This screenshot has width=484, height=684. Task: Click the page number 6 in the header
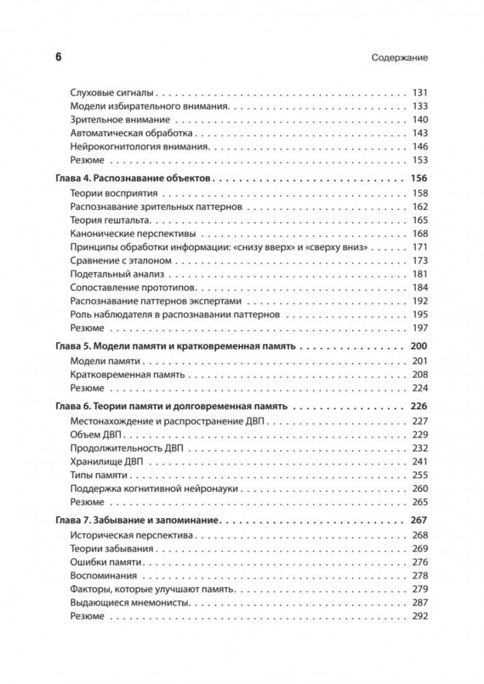coord(58,57)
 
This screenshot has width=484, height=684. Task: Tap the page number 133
coord(419,107)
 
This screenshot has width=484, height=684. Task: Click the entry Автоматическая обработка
coord(131,133)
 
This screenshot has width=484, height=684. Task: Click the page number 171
coord(419,247)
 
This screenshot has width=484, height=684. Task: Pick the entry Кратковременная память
coord(127,374)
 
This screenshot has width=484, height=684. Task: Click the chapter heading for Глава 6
coord(170,406)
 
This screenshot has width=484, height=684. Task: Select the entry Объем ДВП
coord(96,435)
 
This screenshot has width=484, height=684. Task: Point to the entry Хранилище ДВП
coord(106,461)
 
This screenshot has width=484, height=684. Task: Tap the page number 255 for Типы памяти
coord(419,475)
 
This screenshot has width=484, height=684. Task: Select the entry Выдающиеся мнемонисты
coord(129,603)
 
